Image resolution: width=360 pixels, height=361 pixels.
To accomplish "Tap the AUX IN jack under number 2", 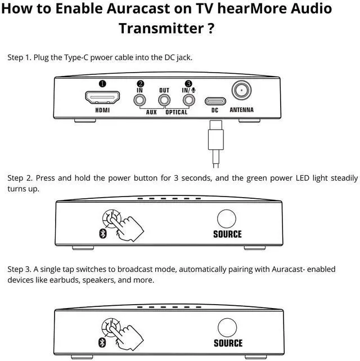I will [139, 100].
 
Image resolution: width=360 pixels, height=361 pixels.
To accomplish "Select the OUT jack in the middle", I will [164, 100].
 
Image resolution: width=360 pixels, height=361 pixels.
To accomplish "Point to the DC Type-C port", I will [214, 101].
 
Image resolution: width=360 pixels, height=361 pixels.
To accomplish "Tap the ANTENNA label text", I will [242, 110].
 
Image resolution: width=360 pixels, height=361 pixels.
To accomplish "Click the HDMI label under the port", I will [102, 110].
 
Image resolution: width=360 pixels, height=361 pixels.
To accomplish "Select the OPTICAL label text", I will [176, 112].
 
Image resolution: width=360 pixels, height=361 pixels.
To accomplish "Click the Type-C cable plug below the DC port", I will [214, 139].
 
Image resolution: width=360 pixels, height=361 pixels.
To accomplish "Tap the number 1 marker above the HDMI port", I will [102, 84].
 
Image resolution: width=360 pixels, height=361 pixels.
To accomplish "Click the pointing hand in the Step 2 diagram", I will [128, 225].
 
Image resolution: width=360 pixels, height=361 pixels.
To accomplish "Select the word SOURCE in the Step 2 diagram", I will [227, 234].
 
